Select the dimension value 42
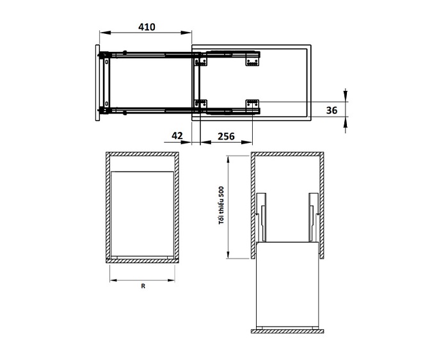[177, 135]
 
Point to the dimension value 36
[332, 110]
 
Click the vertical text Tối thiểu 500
[221, 206]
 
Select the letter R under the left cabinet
[143, 287]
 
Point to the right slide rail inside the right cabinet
[312, 217]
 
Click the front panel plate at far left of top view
[97, 83]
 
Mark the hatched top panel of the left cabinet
[141, 154]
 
